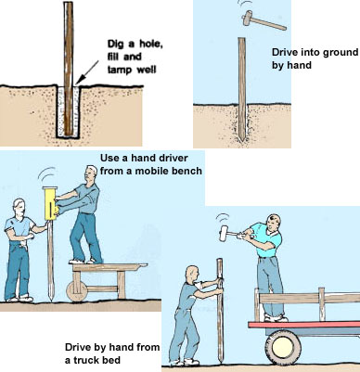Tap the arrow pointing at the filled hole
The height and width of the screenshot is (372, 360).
[x=87, y=72]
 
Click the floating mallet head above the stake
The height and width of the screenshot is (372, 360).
[x=248, y=18]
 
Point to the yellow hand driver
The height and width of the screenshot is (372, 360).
[x=50, y=203]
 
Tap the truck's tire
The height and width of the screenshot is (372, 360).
[x=283, y=348]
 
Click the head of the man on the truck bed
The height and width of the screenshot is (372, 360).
[x=273, y=223]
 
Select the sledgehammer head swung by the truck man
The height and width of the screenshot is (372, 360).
[x=224, y=234]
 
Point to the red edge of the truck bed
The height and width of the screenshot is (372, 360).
[x=304, y=325]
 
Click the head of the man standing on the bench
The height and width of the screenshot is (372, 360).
[x=91, y=174]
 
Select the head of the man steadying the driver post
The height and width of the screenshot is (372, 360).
[x=19, y=208]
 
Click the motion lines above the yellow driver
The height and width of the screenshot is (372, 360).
[x=47, y=174]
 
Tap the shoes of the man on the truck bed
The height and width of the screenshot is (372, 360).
[x=276, y=318]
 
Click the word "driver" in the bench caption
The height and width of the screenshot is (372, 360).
[x=172, y=158]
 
